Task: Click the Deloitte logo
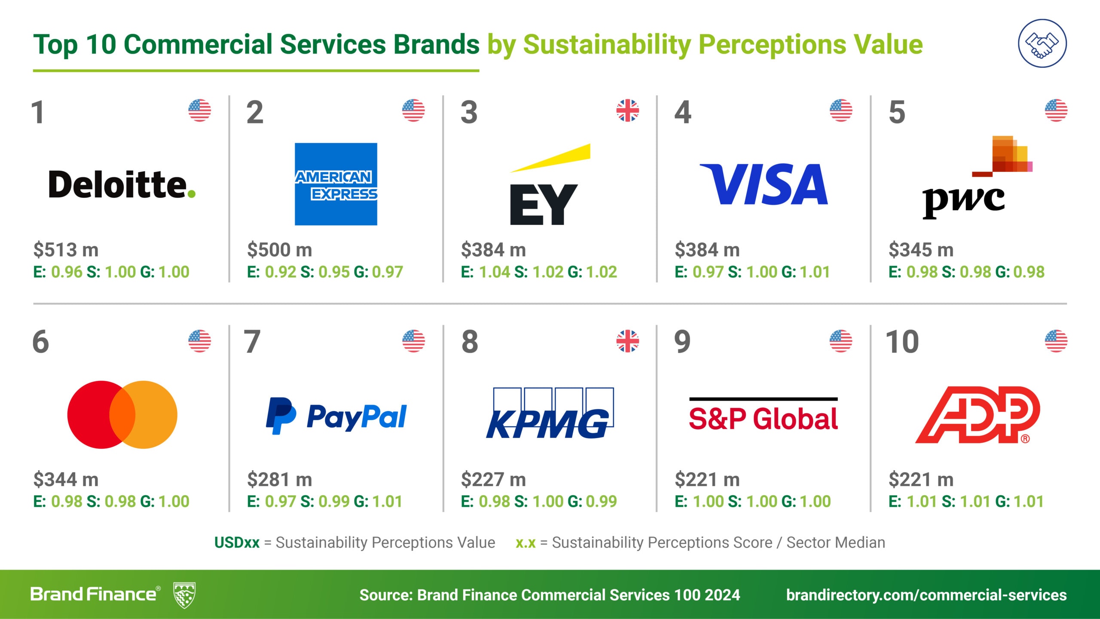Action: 122,184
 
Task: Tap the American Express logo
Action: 336,184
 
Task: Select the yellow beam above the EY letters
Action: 554,157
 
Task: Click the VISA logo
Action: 764,184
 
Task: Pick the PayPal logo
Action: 336,416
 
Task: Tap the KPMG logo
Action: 549,414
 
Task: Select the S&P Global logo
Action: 763,415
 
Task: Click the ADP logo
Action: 978,414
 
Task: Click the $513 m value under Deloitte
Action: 66,250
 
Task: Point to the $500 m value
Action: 279,250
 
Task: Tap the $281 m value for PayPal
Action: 279,479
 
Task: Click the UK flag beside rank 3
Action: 627,110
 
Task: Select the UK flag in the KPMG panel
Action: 627,341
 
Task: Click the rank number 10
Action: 902,342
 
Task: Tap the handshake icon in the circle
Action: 1042,43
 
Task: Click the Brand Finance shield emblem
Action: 184,595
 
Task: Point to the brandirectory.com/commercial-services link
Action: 926,595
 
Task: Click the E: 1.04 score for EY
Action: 485,272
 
